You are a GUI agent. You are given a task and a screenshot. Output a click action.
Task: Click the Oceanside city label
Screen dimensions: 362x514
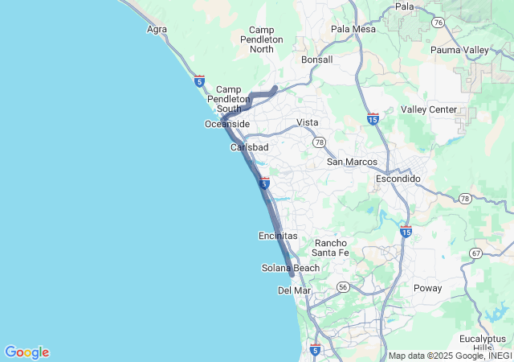[227, 124]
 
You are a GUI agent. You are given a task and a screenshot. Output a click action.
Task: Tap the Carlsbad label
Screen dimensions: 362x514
[249, 148]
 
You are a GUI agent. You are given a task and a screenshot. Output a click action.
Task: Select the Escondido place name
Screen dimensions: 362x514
[398, 179]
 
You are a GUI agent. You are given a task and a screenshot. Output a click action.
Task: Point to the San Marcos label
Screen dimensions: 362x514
[351, 162]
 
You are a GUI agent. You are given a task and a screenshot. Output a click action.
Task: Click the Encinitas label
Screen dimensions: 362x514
[278, 236]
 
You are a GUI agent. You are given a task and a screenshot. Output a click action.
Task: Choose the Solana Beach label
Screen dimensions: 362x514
[291, 268]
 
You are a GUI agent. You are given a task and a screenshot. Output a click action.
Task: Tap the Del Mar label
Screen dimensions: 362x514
[294, 290]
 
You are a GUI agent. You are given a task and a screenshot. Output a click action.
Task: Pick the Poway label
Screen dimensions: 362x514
[427, 287]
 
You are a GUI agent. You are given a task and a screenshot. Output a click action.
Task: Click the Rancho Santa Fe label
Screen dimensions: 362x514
[331, 248]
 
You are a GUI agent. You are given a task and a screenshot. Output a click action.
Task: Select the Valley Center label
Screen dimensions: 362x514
[429, 109]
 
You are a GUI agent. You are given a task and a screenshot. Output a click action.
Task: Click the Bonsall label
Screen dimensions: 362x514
[316, 60]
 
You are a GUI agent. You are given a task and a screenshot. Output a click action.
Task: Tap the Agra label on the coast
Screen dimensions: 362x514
[157, 30]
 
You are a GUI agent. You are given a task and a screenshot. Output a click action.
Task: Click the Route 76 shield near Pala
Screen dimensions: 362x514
[438, 23]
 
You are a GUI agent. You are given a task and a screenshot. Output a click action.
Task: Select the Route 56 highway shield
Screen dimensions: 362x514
[344, 286]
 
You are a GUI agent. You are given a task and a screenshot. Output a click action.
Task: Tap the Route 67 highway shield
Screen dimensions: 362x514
[475, 253]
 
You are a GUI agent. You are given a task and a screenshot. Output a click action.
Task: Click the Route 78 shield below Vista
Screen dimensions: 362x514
[319, 142]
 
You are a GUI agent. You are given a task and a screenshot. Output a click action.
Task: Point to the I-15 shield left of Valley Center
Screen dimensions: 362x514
[372, 118]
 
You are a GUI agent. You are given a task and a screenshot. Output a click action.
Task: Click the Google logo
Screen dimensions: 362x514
[27, 352]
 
